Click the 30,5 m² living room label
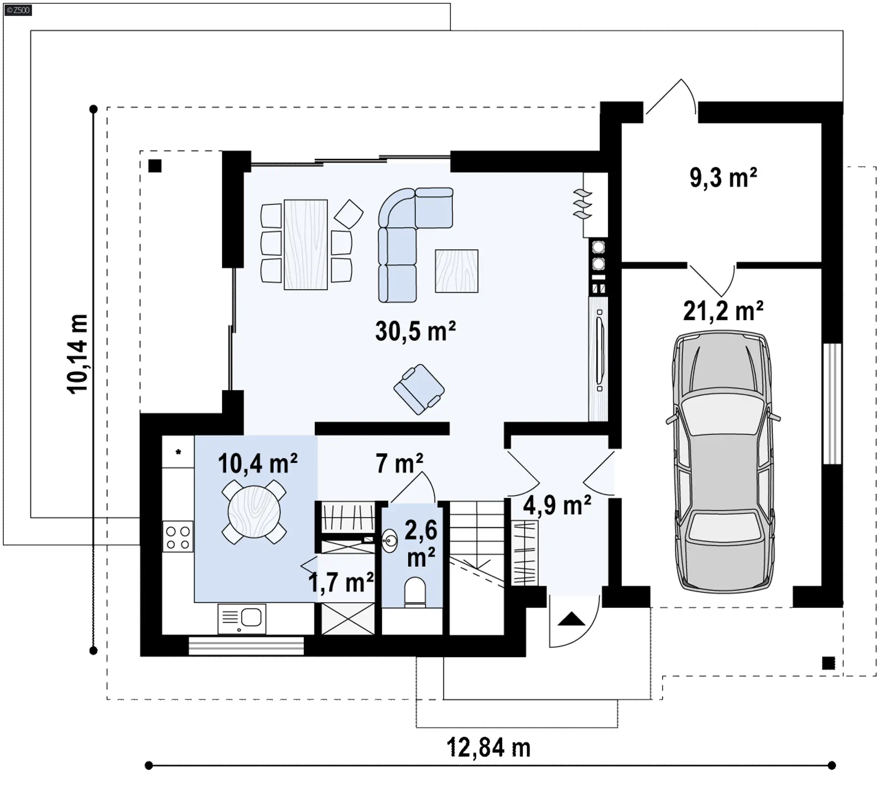click(x=415, y=331)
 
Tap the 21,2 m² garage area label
click(x=723, y=311)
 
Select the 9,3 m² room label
click(x=723, y=178)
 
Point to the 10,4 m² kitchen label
click(x=258, y=463)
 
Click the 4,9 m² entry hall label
click(x=557, y=505)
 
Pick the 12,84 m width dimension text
click(x=488, y=747)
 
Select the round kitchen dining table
click(x=254, y=511)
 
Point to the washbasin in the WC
click(x=390, y=541)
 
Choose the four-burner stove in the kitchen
click(x=178, y=537)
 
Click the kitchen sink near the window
click(x=242, y=619)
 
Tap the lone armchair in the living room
click(x=419, y=389)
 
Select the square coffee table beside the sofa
click(x=456, y=271)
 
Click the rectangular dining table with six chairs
click(x=306, y=244)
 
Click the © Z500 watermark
click(x=18, y=10)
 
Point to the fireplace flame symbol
click(x=582, y=204)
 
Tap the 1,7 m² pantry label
click(x=341, y=582)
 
